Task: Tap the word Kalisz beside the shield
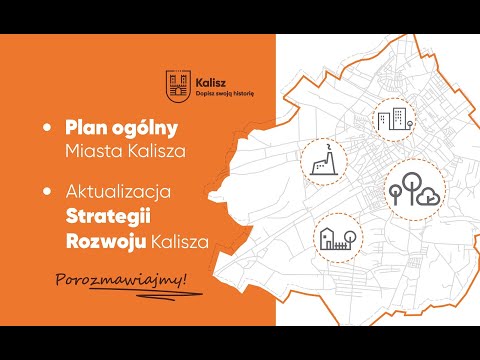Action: pos(211,77)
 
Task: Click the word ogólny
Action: pos(150,130)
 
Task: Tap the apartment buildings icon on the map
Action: pos(394,120)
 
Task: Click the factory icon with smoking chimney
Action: pos(323,161)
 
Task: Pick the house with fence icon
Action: pos(334,237)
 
